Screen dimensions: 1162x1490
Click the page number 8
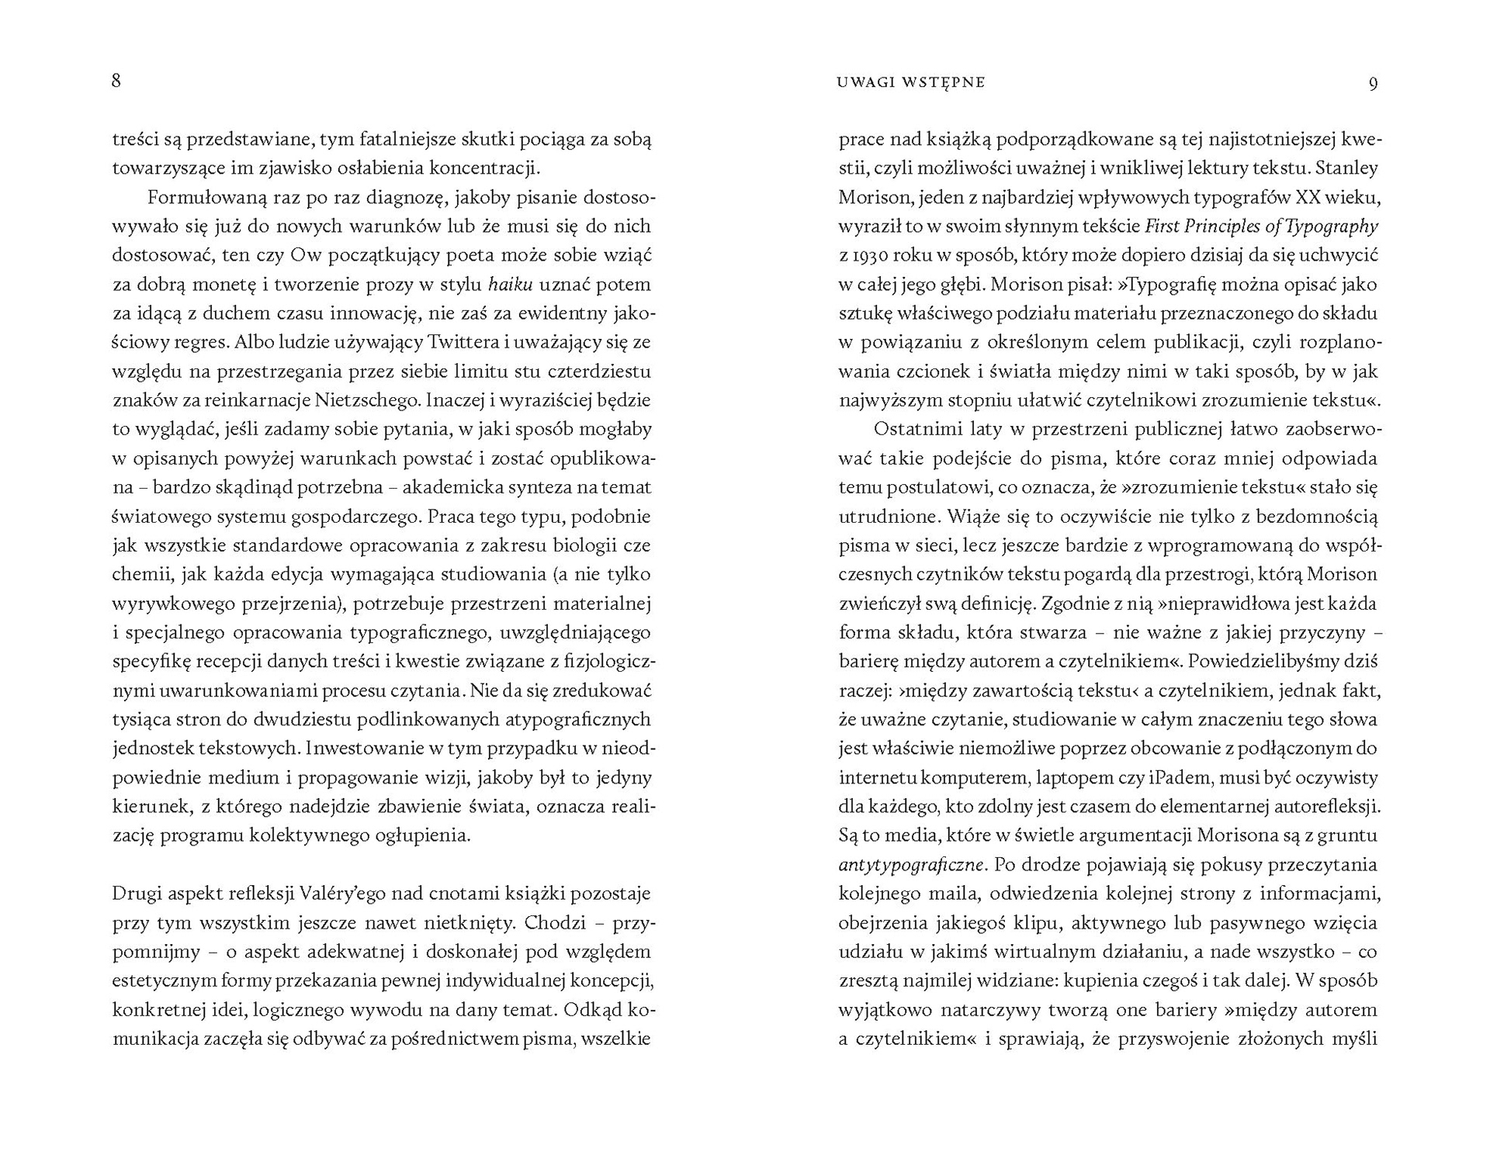click(x=116, y=81)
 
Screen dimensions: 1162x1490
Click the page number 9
click(x=1373, y=83)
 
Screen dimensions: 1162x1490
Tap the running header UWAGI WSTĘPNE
click(x=911, y=82)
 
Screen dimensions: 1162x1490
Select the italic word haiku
click(x=510, y=285)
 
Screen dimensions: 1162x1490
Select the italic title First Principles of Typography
click(x=1262, y=227)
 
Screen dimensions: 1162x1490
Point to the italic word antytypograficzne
click(x=912, y=864)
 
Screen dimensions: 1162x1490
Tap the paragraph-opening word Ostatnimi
click(x=914, y=429)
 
